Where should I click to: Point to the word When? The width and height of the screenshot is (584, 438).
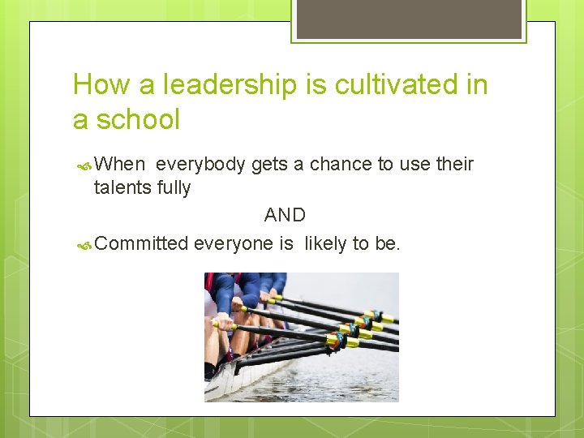click(x=119, y=165)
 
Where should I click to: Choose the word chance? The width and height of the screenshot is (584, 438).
click(x=339, y=165)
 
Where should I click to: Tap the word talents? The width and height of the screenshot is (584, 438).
click(x=119, y=188)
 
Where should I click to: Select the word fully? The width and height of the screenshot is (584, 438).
click(x=174, y=188)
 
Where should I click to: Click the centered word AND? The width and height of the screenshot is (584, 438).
click(x=285, y=215)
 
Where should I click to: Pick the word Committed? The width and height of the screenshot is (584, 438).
click(x=141, y=243)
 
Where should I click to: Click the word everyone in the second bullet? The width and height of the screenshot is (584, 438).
click(x=243, y=243)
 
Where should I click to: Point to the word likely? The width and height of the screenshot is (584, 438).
click(x=325, y=243)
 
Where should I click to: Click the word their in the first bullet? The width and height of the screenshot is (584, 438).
click(x=454, y=165)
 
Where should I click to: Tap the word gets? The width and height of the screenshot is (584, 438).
click(x=268, y=165)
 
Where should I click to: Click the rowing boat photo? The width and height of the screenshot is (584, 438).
click(x=301, y=337)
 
